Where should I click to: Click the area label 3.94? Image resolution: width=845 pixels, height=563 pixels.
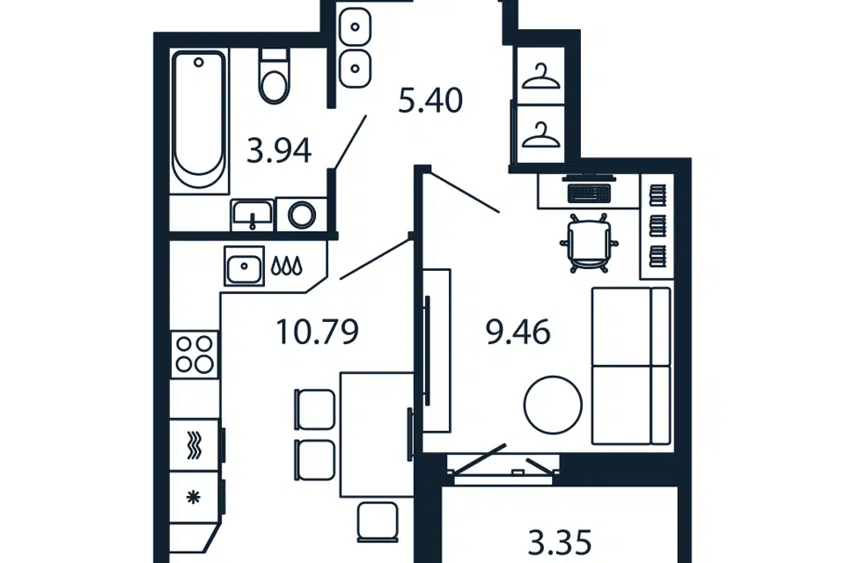point(279,150)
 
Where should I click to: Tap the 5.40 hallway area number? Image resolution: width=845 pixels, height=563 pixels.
point(430,101)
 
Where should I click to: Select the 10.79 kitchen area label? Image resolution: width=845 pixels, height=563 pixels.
point(317,332)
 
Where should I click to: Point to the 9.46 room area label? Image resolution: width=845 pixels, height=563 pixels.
point(518,332)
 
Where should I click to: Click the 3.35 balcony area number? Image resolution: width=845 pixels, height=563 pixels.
point(560,542)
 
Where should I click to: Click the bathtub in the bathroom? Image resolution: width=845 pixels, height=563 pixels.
point(198,121)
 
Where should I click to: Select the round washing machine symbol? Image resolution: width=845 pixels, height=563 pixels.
point(301,215)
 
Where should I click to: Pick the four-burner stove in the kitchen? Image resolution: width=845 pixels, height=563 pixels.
point(195,355)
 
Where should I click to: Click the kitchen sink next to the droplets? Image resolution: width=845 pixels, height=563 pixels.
point(244,267)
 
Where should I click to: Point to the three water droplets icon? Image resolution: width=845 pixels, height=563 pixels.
point(286,266)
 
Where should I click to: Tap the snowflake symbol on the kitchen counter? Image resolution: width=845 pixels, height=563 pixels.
point(193,497)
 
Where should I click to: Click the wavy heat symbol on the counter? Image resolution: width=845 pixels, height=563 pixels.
point(194,445)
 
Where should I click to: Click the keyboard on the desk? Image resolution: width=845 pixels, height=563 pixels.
point(589,193)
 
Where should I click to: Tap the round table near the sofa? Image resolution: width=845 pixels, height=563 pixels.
point(553,405)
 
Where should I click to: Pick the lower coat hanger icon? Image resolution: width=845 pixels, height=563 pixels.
point(541,135)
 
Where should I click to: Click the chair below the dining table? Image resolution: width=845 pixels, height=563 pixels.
point(378,522)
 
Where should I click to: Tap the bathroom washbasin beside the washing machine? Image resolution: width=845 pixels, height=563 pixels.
point(253,216)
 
